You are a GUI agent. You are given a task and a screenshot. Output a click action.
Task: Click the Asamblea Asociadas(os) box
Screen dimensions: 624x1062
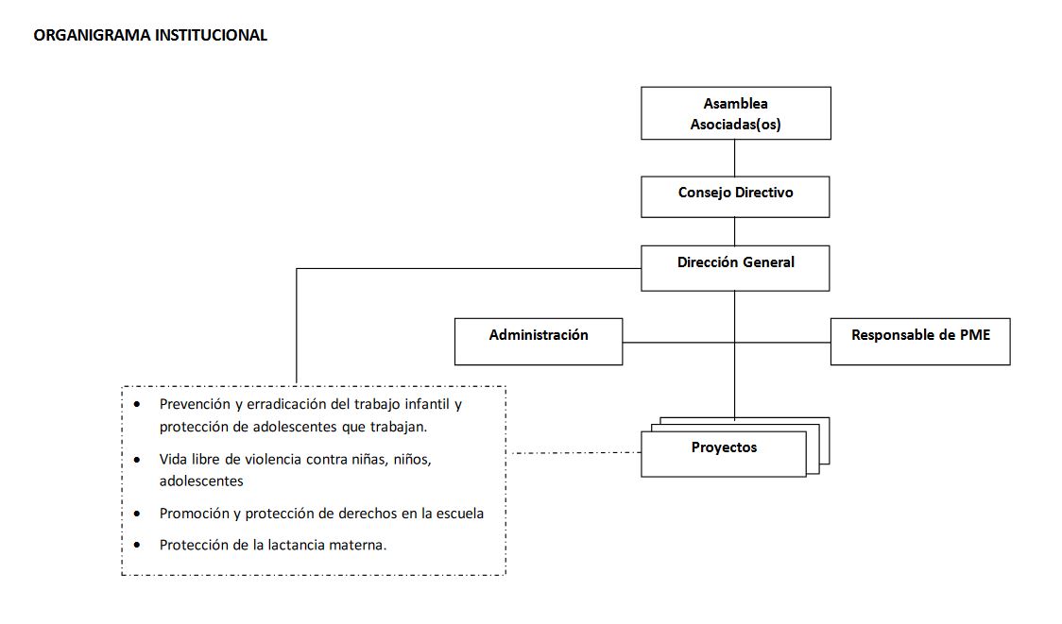[735, 113]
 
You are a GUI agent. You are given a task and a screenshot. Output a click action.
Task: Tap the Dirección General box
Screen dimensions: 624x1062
[735, 267]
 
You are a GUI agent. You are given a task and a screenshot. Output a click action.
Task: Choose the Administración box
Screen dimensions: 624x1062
[539, 341]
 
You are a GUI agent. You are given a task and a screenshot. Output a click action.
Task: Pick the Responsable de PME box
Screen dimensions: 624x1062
[920, 341]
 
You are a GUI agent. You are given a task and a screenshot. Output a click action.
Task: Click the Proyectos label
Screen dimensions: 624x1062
[724, 447]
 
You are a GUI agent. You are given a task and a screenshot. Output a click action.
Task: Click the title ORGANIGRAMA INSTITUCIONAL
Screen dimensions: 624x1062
[150, 36]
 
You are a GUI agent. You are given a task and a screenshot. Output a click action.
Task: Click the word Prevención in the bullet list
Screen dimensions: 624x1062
[195, 404]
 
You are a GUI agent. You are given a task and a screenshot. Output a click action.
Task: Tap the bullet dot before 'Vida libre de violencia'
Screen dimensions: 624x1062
[138, 460]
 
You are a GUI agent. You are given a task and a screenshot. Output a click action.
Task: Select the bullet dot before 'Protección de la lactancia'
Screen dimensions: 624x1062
[138, 545]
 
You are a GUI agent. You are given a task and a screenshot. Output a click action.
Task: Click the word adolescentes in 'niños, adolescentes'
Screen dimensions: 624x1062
[201, 481]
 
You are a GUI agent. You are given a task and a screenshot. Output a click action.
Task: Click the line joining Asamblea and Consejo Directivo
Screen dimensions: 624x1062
[735, 158]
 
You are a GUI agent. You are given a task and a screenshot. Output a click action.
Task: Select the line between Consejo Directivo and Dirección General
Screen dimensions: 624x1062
[735, 231]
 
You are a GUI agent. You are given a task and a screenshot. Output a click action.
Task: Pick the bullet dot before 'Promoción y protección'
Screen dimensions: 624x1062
[138, 514]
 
